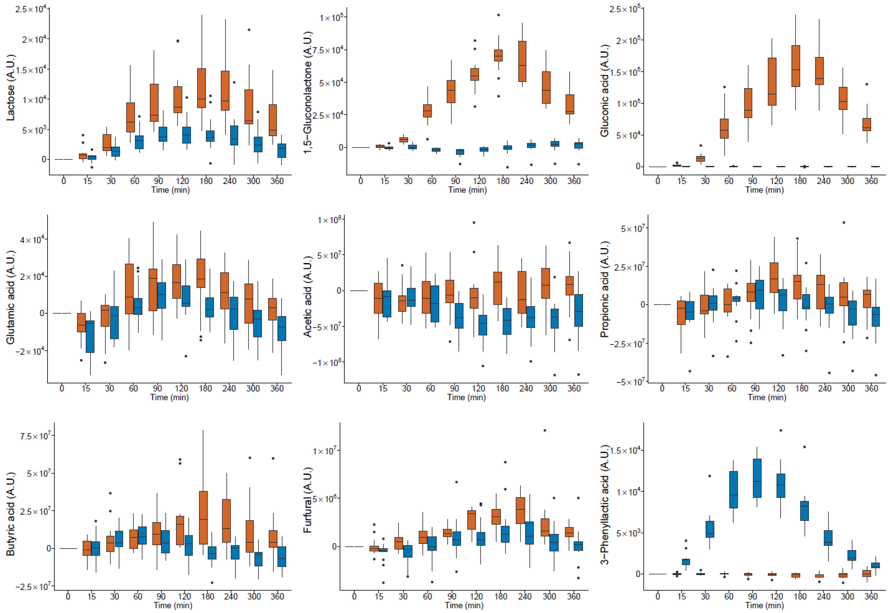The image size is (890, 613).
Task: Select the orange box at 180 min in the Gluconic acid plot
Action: (x=796, y=66)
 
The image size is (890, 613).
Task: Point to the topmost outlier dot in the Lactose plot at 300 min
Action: (x=249, y=30)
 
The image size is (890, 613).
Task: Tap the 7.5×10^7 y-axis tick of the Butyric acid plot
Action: (x=35, y=436)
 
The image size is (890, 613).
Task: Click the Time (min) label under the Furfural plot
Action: (x=464, y=605)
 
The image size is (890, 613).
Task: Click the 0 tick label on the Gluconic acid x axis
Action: (x=658, y=181)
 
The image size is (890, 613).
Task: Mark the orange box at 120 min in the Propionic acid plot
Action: (x=774, y=278)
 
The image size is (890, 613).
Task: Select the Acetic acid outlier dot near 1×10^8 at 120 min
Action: (x=474, y=222)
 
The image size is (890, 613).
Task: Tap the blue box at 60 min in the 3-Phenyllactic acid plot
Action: (x=733, y=490)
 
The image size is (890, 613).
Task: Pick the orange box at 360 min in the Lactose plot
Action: (x=273, y=120)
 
